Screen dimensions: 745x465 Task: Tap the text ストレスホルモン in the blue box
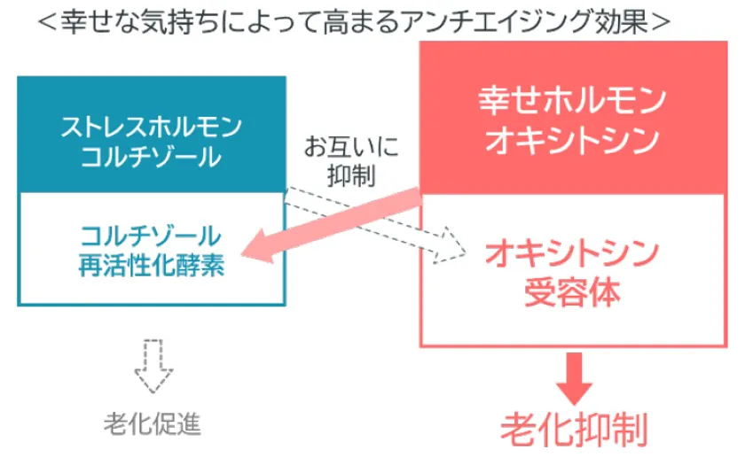[x=152, y=128]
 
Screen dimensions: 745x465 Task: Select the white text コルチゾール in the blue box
[x=151, y=157]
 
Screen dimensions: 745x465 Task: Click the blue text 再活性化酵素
[x=151, y=265]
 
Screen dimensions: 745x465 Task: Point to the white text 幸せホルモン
[x=573, y=100]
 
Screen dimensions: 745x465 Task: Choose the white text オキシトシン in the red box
[x=573, y=141]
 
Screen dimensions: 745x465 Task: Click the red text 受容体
[x=573, y=293]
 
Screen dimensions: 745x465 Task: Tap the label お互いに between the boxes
[x=351, y=146]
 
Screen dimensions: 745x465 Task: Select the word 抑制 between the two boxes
[x=351, y=176]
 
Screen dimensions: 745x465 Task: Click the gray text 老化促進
[x=153, y=423]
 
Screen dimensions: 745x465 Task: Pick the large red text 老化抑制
[x=574, y=430]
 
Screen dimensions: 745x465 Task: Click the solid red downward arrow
[x=574, y=379]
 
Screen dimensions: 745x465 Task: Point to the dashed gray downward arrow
[x=153, y=366]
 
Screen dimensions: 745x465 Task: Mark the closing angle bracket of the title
[x=661, y=22]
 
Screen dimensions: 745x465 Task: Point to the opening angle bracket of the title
[x=47, y=22]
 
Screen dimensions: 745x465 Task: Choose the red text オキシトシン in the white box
[x=573, y=253]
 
